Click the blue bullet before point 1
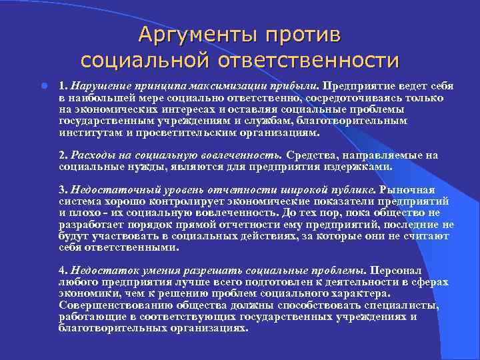(43, 86)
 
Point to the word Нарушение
(99, 86)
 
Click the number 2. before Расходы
(63, 155)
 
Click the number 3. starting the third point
(63, 189)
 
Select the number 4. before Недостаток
(63, 271)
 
